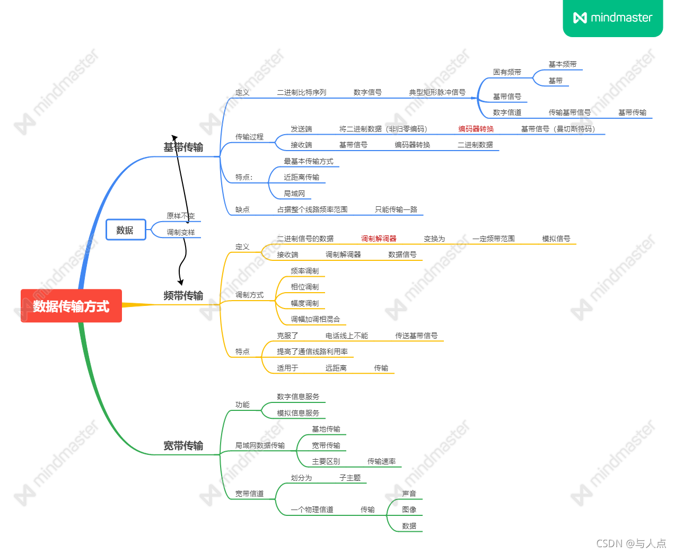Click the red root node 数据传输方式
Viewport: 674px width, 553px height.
coord(71,306)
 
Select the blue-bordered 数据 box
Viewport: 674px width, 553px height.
coord(126,230)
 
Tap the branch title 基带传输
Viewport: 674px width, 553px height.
coord(183,147)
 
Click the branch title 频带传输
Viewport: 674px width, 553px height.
coord(183,295)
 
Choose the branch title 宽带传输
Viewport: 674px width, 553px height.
coord(183,445)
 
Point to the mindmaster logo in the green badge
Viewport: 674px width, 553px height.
coord(612,18)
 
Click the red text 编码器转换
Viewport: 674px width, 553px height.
coord(476,129)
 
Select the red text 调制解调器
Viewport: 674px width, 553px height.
coord(379,239)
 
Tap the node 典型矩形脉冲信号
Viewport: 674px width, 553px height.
coord(437,92)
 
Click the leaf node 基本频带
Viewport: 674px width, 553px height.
coord(562,64)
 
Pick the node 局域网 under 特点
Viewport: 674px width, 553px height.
coord(294,194)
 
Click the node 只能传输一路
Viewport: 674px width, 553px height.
coord(396,209)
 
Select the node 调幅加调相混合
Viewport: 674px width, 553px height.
coord(315,319)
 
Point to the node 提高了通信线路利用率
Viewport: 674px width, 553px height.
coord(312,352)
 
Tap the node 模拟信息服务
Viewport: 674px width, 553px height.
coord(297,413)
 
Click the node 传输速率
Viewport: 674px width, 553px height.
coord(381,461)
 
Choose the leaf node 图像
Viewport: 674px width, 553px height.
coord(409,510)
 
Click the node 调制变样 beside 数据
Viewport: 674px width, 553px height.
coord(181,232)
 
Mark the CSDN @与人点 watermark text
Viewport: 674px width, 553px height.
coord(631,543)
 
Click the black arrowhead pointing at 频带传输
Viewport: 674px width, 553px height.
coord(181,282)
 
